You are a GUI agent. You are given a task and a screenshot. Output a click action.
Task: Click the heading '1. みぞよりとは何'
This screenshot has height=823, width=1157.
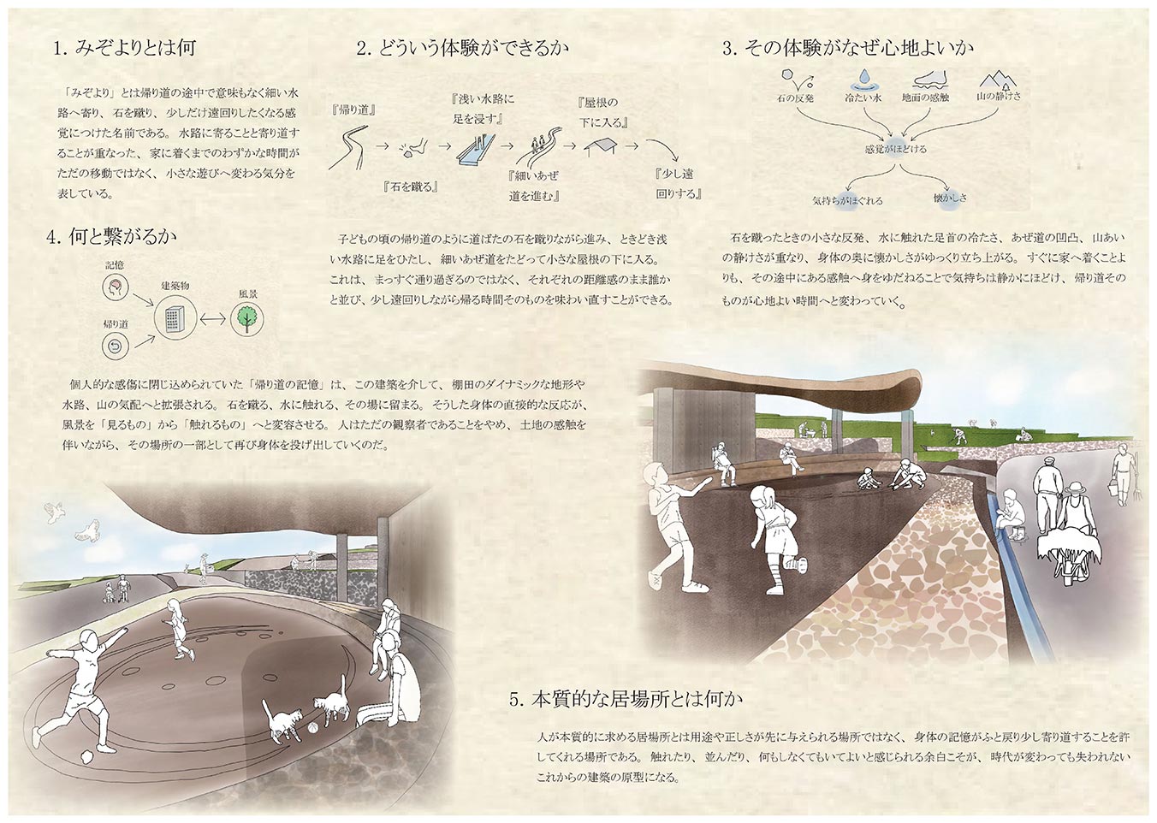tap(124, 48)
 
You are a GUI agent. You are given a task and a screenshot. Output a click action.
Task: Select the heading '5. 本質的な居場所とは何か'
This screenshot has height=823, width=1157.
tap(626, 700)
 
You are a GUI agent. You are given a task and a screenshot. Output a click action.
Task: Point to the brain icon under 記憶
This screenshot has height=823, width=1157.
tap(116, 287)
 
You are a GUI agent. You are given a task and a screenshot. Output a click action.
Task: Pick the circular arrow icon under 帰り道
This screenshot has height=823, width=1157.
tap(116, 346)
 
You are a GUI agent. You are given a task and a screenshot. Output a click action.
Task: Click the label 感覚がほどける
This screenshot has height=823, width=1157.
tap(896, 149)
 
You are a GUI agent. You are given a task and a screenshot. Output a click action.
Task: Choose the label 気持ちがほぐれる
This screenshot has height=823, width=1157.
tap(847, 201)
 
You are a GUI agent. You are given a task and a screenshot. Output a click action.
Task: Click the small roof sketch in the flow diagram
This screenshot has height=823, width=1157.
tap(600, 146)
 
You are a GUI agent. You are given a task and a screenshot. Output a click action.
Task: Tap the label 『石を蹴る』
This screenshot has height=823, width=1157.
tap(411, 187)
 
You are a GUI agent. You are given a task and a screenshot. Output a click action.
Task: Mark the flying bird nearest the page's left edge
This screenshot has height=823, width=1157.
tap(54, 512)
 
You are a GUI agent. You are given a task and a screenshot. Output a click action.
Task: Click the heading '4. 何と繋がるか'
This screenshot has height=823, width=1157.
tap(111, 236)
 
